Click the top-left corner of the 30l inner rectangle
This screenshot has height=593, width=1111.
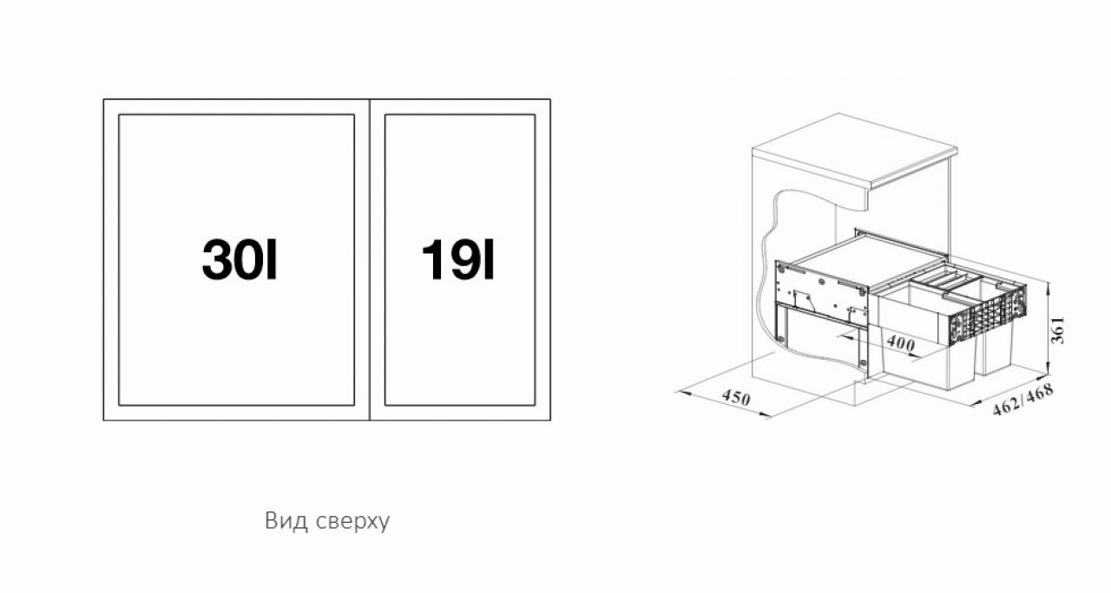point(119,115)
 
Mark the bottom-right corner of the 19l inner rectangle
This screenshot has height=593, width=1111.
point(536,405)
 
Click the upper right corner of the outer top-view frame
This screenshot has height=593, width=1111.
point(550,99)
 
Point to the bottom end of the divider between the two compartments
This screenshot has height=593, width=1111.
point(370,420)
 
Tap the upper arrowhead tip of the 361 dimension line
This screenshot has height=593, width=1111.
point(1049,282)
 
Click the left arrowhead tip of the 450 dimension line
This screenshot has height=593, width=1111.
point(677,391)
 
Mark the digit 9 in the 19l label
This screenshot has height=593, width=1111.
point(459,260)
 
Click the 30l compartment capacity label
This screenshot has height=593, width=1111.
point(239,260)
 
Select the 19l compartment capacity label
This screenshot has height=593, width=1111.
point(457,260)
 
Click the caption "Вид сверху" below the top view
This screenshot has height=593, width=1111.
point(327,521)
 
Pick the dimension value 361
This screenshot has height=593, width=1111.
point(1057,329)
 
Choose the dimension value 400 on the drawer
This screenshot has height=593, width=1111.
point(900,342)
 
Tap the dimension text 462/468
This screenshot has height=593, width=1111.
point(1022,400)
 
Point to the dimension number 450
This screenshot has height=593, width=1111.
point(736,397)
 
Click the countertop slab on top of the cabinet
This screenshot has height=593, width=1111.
point(855,151)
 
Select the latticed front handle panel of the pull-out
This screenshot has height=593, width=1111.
point(987,315)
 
